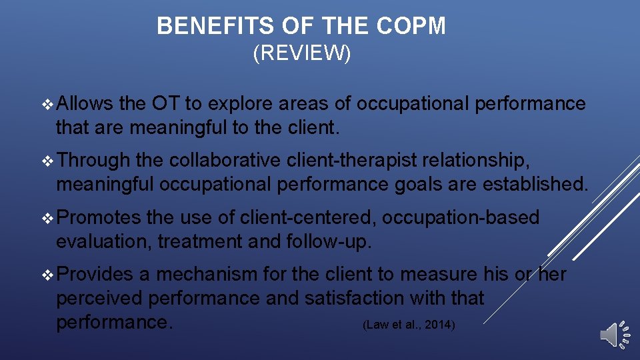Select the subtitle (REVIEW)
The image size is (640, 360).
pos(302,54)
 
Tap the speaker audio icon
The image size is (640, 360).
pos(614,334)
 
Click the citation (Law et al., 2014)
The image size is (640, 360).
pos(409,325)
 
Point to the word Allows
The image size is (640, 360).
pos(85,104)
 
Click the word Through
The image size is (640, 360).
pos(93,161)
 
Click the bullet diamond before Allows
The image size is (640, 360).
pos(46,105)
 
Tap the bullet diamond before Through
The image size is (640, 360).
pos(46,161)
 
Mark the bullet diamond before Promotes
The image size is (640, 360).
pos(46,218)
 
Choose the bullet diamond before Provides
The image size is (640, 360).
pos(46,275)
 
